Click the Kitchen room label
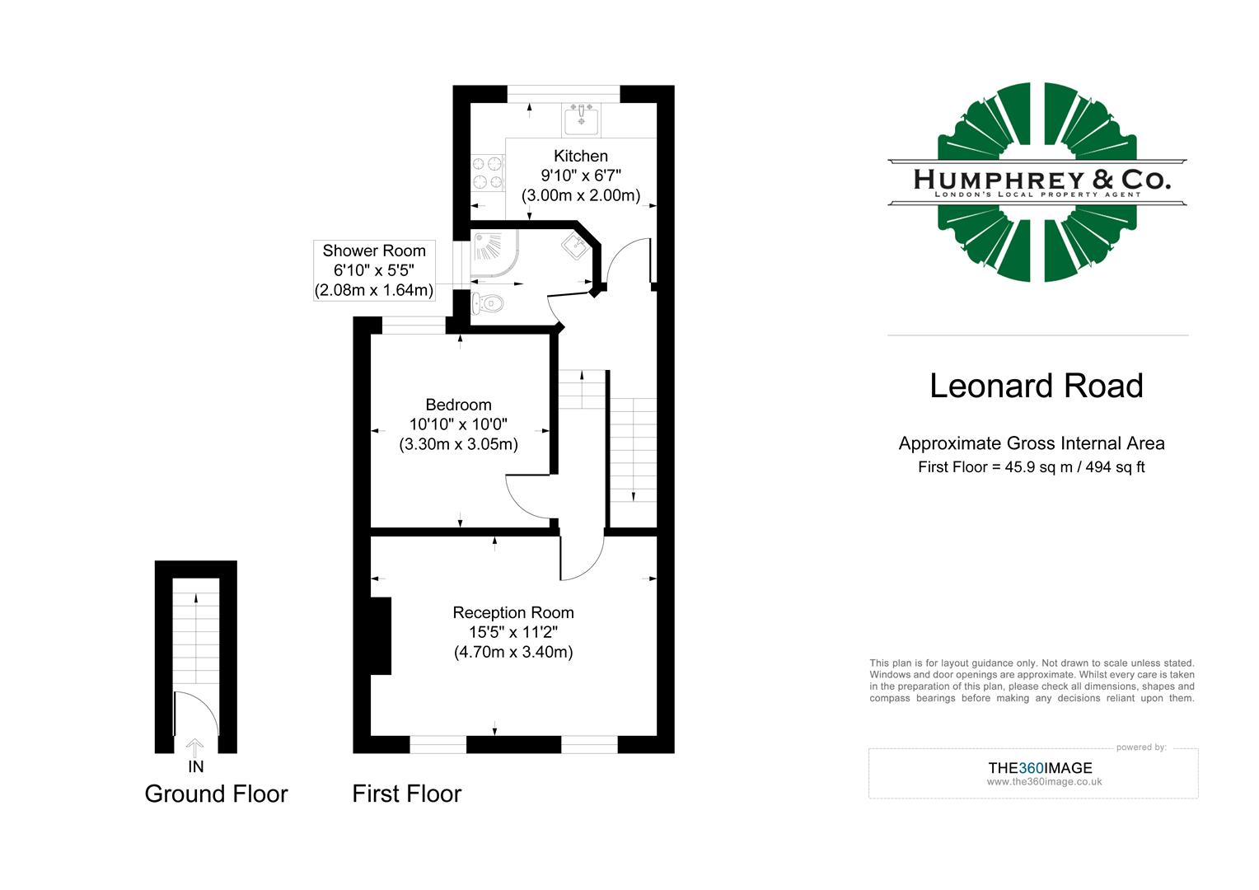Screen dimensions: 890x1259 pyautogui.click(x=581, y=156)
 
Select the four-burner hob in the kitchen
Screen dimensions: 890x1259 pyautogui.click(x=487, y=174)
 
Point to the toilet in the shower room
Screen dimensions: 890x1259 pyautogui.click(x=488, y=304)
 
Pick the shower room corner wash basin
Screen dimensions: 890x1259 pyautogui.click(x=573, y=245)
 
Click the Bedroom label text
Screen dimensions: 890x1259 pyautogui.click(x=458, y=405)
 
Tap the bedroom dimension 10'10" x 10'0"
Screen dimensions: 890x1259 pyautogui.click(x=458, y=424)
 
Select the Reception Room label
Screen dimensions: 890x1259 pyautogui.click(x=513, y=612)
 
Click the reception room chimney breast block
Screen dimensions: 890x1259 pyautogui.click(x=380, y=635)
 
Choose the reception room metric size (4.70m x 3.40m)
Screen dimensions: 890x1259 pyautogui.click(x=513, y=652)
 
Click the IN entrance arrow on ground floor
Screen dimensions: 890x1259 pyautogui.click(x=195, y=748)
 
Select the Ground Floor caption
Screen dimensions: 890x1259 pyautogui.click(x=216, y=794)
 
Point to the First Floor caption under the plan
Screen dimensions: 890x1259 pyautogui.click(x=406, y=794)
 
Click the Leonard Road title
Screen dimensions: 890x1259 pyautogui.click(x=1037, y=386)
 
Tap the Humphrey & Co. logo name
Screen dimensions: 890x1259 pyautogui.click(x=1041, y=179)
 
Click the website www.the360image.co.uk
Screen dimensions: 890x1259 pyautogui.click(x=1044, y=782)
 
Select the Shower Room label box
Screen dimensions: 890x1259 pyautogui.click(x=374, y=270)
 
